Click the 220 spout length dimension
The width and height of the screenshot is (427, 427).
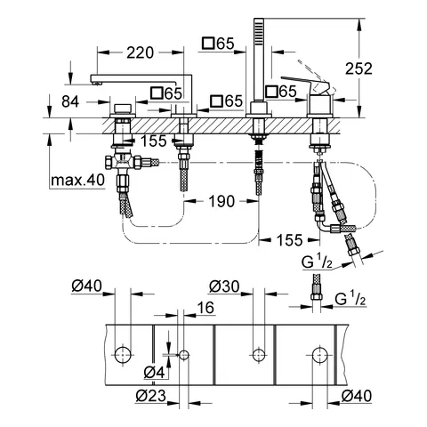click(141, 52)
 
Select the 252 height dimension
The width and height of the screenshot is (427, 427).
click(359, 68)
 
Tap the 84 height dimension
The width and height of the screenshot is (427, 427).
click(70, 101)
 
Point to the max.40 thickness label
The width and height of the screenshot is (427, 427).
click(77, 180)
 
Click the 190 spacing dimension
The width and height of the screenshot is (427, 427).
click(222, 201)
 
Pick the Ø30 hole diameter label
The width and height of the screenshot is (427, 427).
click(224, 286)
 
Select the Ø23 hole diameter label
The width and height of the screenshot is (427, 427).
click(151, 395)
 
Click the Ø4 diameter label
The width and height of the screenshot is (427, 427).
click(154, 373)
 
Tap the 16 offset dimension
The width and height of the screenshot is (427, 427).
click(205, 308)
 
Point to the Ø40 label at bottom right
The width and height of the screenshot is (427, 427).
click(357, 396)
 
